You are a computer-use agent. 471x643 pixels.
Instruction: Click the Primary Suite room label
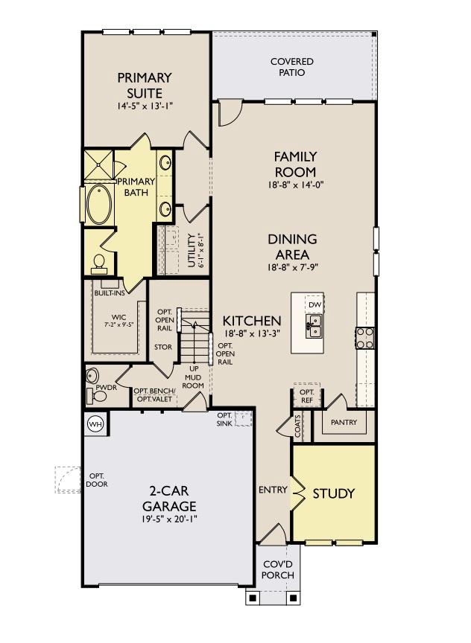145,85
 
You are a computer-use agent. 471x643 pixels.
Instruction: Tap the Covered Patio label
291,67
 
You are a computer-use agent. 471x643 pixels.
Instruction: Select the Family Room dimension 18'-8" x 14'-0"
296,185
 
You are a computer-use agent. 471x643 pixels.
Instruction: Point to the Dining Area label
292,246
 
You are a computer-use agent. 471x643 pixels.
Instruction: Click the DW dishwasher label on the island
314,306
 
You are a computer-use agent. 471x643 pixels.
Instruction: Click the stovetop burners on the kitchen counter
365,338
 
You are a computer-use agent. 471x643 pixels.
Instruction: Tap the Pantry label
344,422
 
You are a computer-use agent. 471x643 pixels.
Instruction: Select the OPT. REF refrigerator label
306,396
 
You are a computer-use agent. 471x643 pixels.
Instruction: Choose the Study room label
333,493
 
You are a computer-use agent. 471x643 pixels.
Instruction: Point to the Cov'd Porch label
279,569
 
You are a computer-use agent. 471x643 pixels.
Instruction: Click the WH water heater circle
95,423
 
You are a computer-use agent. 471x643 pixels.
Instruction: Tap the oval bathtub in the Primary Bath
98,204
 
